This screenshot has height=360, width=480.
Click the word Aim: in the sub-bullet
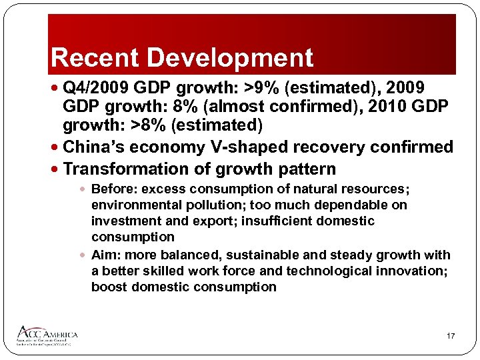pyautogui.click(x=105, y=255)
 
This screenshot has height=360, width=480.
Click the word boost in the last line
pyautogui.click(x=109, y=287)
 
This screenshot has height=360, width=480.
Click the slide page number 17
pyautogui.click(x=451, y=337)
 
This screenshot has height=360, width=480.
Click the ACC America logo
pyautogui.click(x=49, y=335)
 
